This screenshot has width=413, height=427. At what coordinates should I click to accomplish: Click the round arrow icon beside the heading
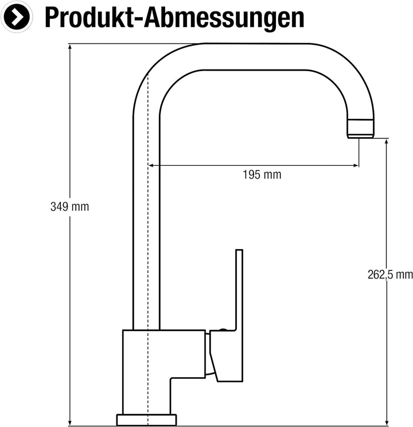16,17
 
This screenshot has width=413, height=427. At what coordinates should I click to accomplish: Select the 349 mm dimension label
70,207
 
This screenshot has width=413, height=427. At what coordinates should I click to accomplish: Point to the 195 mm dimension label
262,174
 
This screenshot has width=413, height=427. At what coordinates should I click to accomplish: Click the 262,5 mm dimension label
390,274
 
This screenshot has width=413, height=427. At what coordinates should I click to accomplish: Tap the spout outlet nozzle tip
361,128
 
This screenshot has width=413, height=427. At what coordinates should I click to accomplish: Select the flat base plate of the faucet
146,420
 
